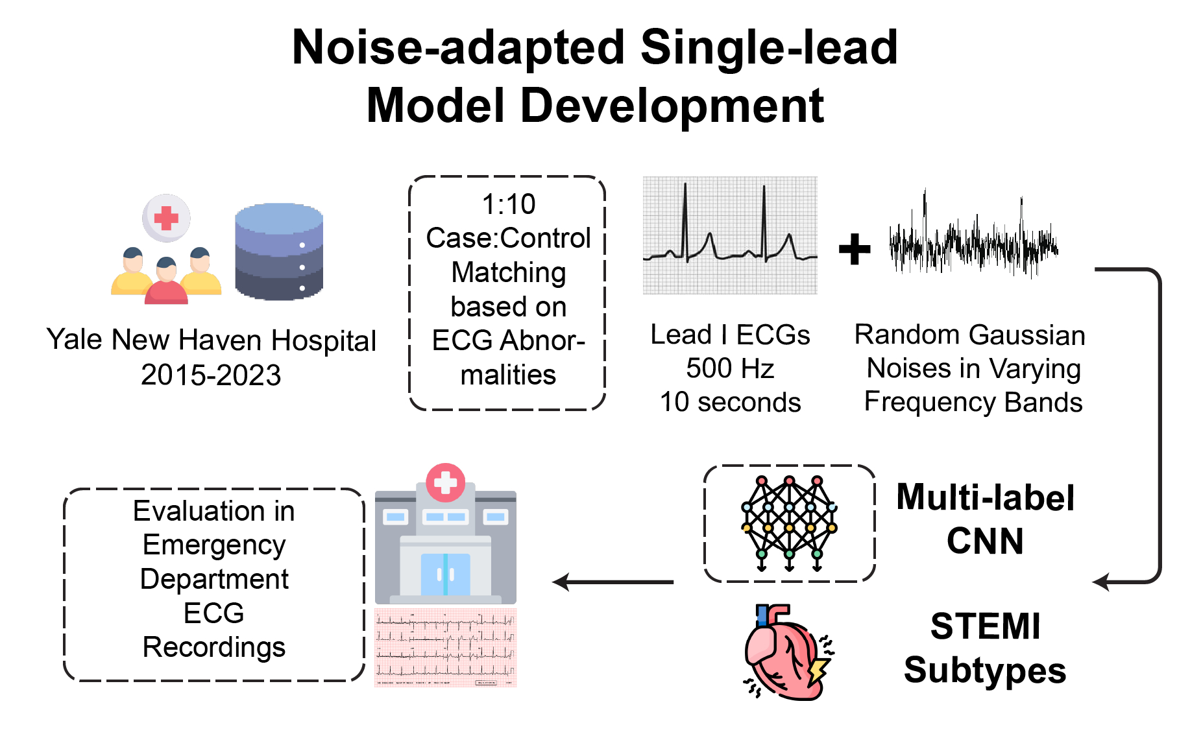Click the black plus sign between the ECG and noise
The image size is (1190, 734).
[x=854, y=249]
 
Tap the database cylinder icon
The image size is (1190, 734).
[x=279, y=252]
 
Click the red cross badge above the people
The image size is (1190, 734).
[x=166, y=218]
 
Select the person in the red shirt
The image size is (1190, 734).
[x=166, y=283]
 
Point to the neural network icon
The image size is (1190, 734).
[x=789, y=523]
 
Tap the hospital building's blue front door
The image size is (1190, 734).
[x=445, y=574]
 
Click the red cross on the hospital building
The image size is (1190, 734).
[x=445, y=482]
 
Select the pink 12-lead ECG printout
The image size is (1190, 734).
[x=446, y=647]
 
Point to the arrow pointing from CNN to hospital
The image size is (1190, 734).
[x=613, y=582]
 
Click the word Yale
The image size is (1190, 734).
[x=75, y=340]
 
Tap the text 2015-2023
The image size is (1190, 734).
[x=211, y=375]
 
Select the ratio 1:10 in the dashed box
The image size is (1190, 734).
[x=508, y=204]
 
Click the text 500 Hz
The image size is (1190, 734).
[x=730, y=368]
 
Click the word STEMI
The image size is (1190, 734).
[x=985, y=626]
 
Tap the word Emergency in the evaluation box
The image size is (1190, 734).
[x=214, y=545]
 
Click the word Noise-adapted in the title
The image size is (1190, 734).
[x=458, y=48]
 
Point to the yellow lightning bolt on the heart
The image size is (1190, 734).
[x=818, y=670]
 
